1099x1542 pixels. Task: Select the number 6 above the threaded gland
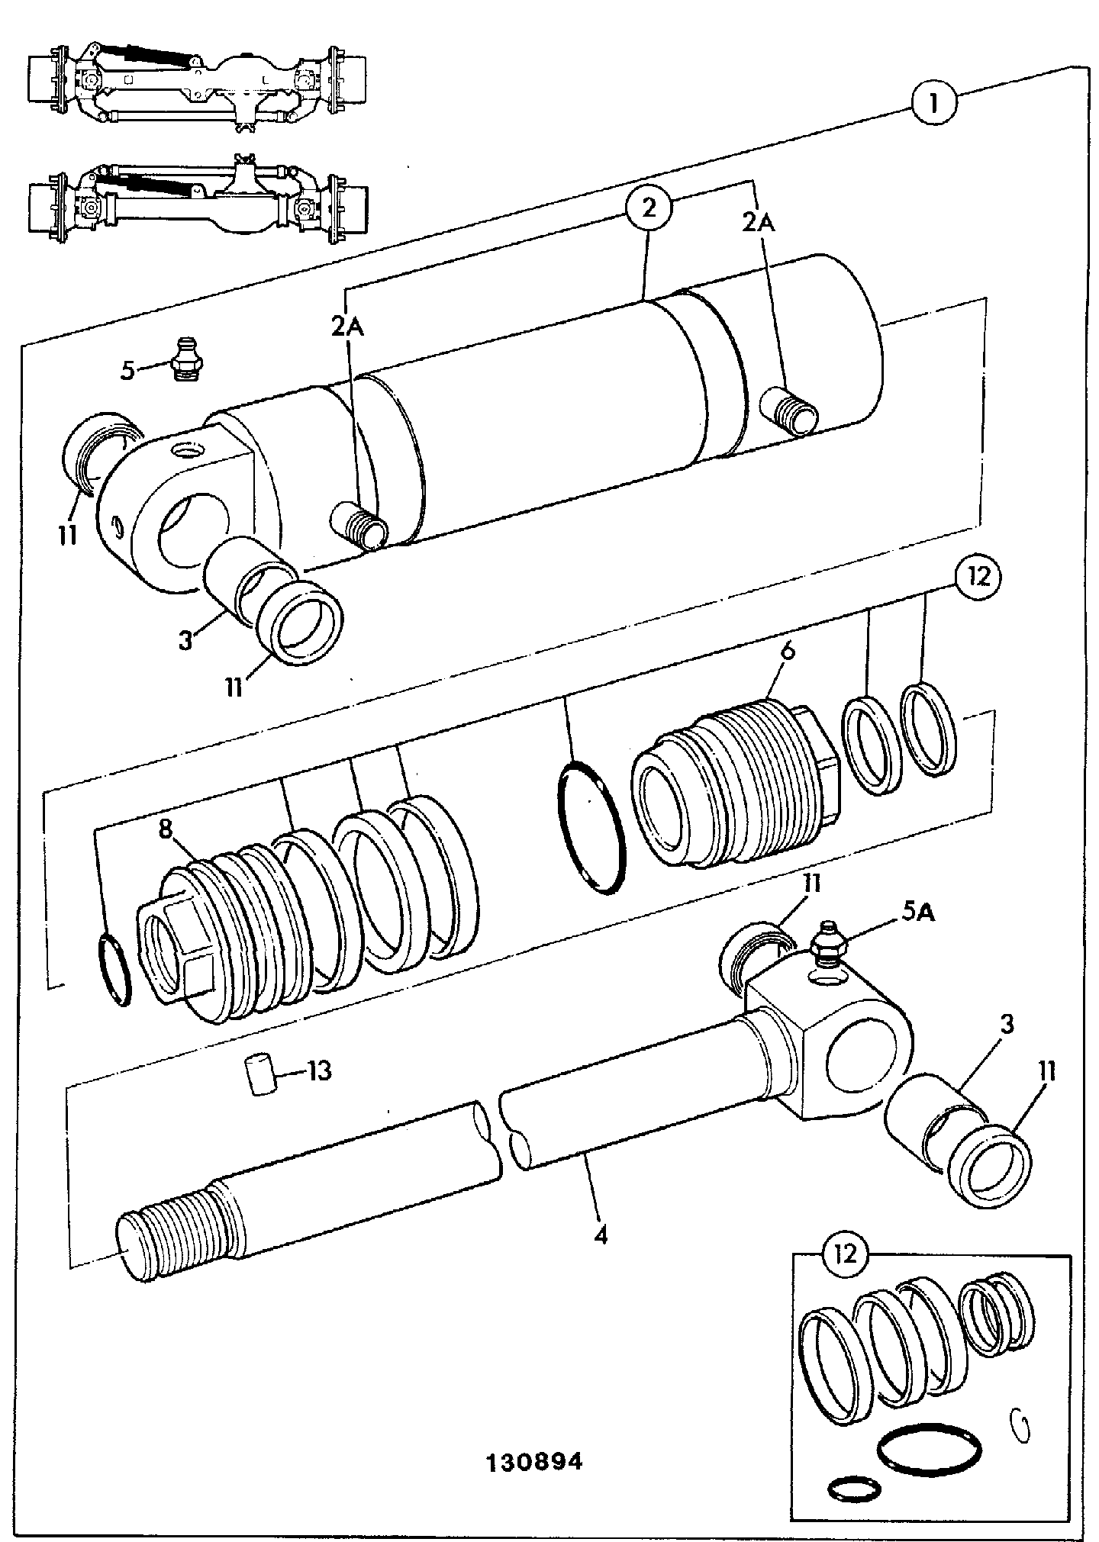pyautogui.click(x=788, y=650)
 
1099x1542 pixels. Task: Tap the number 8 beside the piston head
pyautogui.click(x=166, y=829)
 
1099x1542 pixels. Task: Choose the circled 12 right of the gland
pyautogui.click(x=979, y=577)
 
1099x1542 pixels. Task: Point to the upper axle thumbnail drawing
pyautogui.click(x=197, y=84)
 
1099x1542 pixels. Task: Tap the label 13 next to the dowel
pyautogui.click(x=320, y=1071)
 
